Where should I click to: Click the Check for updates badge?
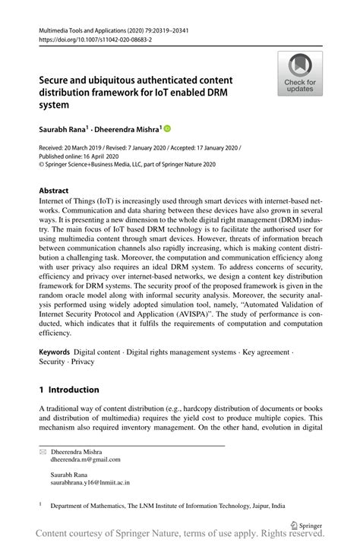coord(300,74)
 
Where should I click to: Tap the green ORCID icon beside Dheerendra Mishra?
coord(168,128)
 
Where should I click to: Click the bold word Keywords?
coord(55,353)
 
